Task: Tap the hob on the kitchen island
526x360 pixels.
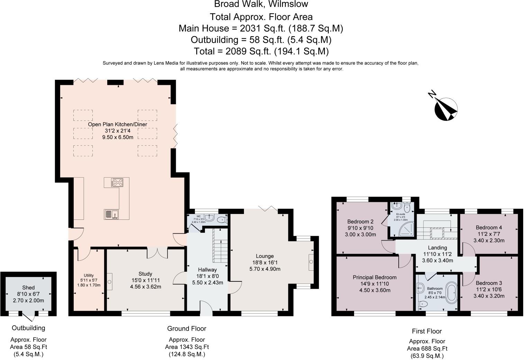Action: click(117, 182)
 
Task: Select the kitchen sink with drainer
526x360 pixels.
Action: click(112, 214)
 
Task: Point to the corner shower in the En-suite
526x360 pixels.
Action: click(408, 229)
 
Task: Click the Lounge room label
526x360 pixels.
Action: click(265, 256)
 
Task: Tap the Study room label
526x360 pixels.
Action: click(145, 274)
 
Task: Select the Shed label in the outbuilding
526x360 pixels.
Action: click(28, 288)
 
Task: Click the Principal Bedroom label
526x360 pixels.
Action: click(374, 278)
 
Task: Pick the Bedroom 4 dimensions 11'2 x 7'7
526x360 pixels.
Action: click(489, 234)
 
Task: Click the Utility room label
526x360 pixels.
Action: click(89, 276)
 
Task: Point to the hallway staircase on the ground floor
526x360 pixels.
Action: click(220, 246)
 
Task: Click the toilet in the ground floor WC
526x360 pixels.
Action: click(222, 220)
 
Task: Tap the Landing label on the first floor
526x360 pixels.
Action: click(437, 248)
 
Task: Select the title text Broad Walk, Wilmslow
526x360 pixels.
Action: click(261, 4)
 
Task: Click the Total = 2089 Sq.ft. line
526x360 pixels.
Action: click(261, 51)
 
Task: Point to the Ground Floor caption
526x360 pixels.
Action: click(187, 328)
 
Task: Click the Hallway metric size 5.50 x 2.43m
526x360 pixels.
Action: click(208, 283)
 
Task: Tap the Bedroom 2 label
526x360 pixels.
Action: click(360, 222)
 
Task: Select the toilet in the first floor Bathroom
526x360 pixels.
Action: click(423, 304)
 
